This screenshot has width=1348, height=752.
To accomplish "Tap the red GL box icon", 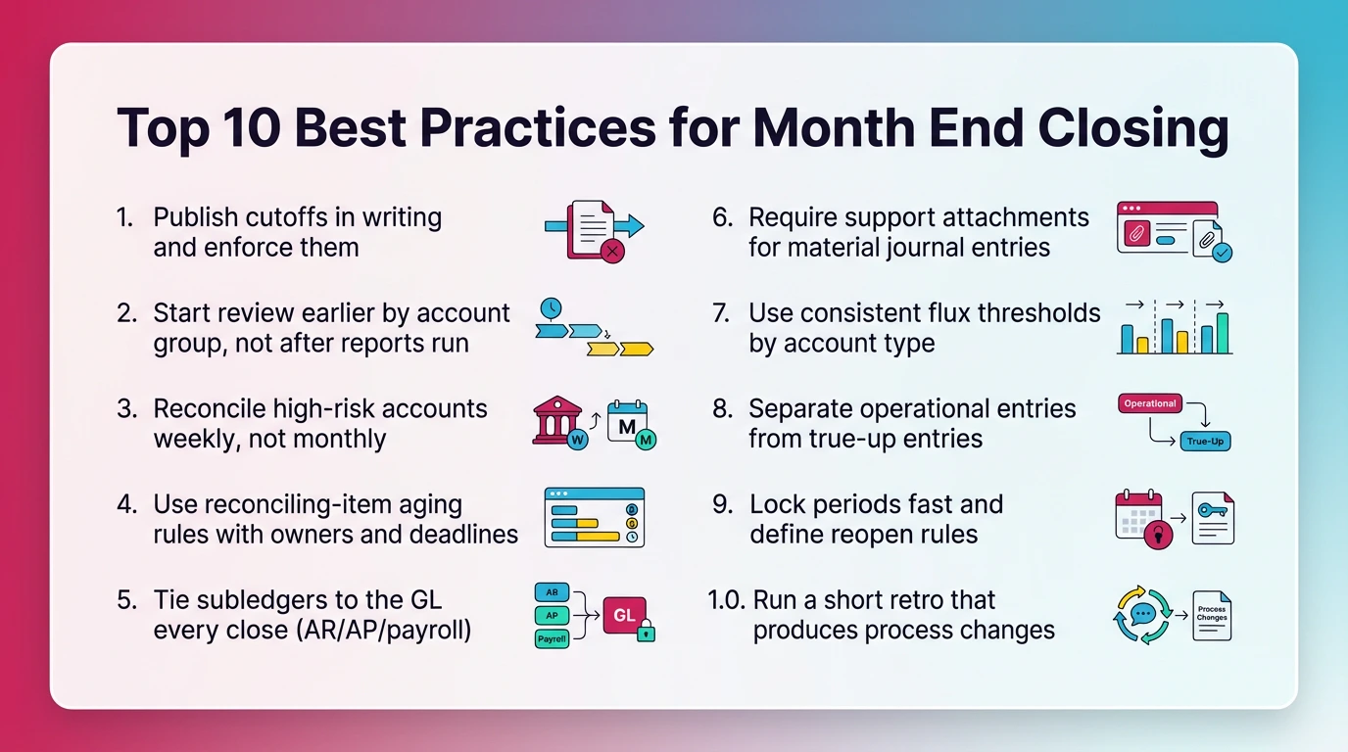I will coord(624,615).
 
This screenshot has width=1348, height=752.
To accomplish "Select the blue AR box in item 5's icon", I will coord(552,592).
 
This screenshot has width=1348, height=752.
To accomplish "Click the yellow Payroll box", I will coord(552,639).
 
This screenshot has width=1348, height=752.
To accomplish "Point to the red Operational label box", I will coord(1149,403).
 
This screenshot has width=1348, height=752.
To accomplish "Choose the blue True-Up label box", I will coord(1205,442).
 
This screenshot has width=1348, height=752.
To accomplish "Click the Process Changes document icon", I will coord(1212,616).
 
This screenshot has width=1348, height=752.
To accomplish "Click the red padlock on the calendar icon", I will coord(1158,535).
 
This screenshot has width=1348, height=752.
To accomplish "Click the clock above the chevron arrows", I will coord(551,308).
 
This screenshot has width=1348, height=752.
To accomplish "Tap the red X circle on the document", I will coord(612,252).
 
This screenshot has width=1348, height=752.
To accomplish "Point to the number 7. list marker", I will coord(721,313).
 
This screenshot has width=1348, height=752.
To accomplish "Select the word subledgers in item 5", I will coord(258,599).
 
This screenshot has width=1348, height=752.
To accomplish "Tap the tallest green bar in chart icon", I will coord(1222,333).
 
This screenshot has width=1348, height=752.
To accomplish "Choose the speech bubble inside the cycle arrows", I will coord(1142,615).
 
